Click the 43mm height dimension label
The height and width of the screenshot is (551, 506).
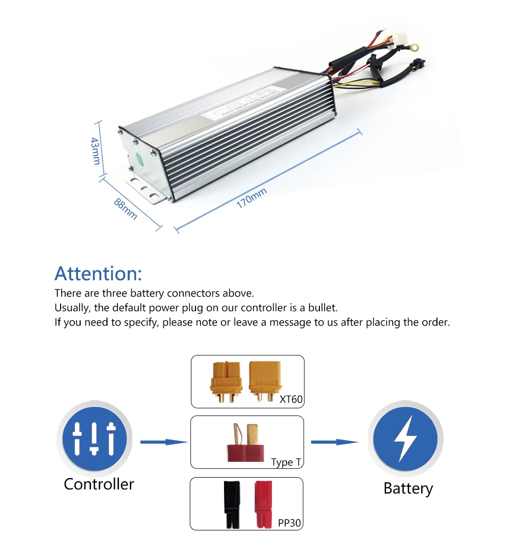(x=95, y=150)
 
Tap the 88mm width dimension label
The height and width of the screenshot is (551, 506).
(x=126, y=208)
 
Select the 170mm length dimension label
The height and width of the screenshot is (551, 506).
(x=252, y=198)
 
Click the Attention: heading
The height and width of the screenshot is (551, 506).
(x=98, y=274)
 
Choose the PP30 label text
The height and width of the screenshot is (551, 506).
(x=289, y=523)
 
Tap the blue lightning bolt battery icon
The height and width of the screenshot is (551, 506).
(x=405, y=439)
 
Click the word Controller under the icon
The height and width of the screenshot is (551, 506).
(x=99, y=484)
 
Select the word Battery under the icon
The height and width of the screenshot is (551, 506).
(x=407, y=488)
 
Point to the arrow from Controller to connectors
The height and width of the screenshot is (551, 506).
(x=164, y=442)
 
